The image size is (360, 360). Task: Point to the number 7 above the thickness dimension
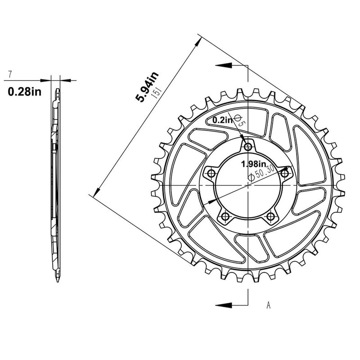pyautogui.click(x=9, y=74)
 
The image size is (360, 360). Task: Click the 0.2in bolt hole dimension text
pyautogui.click(x=222, y=120)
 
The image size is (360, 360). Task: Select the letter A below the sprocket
pyautogui.click(x=268, y=306)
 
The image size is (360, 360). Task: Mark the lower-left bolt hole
pyautogui.click(x=225, y=217)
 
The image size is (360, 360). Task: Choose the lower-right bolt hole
pyautogui.click(x=270, y=217)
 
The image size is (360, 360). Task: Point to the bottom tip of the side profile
pyautogui.click(x=58, y=283)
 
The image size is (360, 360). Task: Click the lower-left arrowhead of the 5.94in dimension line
pyautogui.click(x=92, y=194)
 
